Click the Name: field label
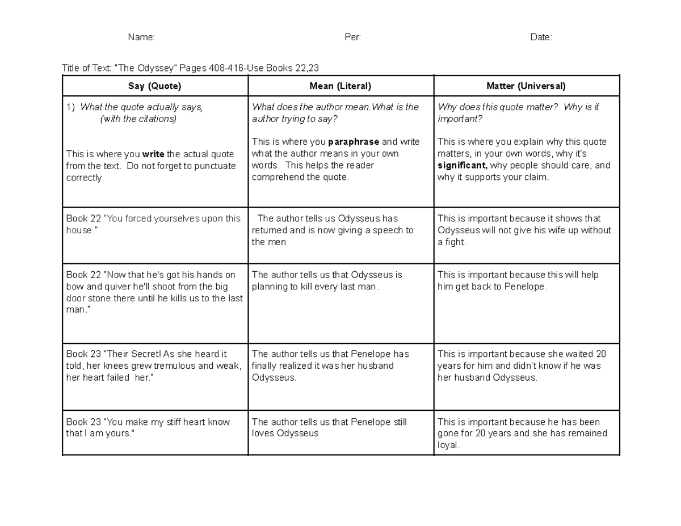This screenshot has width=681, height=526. click(x=141, y=37)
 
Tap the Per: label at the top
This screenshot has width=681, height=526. click(x=352, y=37)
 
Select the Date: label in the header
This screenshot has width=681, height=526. click(x=541, y=37)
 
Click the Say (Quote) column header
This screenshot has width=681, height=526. click(x=155, y=86)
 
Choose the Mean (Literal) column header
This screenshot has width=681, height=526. click(x=340, y=86)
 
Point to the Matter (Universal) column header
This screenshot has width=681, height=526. click(x=526, y=86)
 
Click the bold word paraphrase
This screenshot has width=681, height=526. click(x=354, y=142)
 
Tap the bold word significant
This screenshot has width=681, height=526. click(x=462, y=166)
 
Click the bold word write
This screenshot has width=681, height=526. click(x=153, y=154)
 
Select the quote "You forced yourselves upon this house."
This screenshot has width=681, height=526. click(x=154, y=225)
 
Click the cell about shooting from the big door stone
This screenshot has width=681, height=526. click(x=154, y=292)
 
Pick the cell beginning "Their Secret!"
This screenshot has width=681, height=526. click(x=154, y=366)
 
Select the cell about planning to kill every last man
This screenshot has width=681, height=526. click(x=327, y=281)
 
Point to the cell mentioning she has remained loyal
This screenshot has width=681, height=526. click(x=522, y=434)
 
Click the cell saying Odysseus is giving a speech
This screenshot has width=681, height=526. click(x=333, y=230)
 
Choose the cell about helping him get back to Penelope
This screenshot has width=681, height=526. click(x=518, y=281)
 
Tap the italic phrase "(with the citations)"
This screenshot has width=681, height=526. click(x=138, y=119)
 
